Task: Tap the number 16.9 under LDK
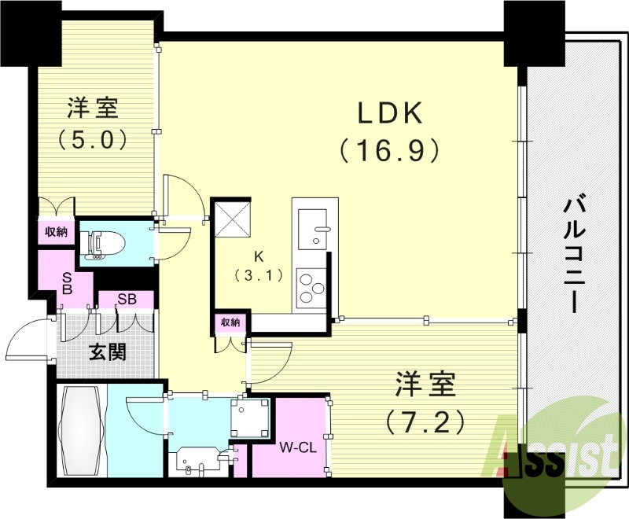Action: pyautogui.click(x=388, y=149)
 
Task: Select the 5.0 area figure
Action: pyautogui.click(x=92, y=139)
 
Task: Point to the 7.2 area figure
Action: pyautogui.click(x=424, y=423)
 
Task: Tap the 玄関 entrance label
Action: pyautogui.click(x=107, y=352)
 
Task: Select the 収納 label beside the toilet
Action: pyautogui.click(x=55, y=233)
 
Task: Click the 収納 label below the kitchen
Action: pyautogui.click(x=230, y=322)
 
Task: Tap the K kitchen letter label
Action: pyautogui.click(x=257, y=256)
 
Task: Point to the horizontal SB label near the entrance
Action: pyautogui.click(x=127, y=300)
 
